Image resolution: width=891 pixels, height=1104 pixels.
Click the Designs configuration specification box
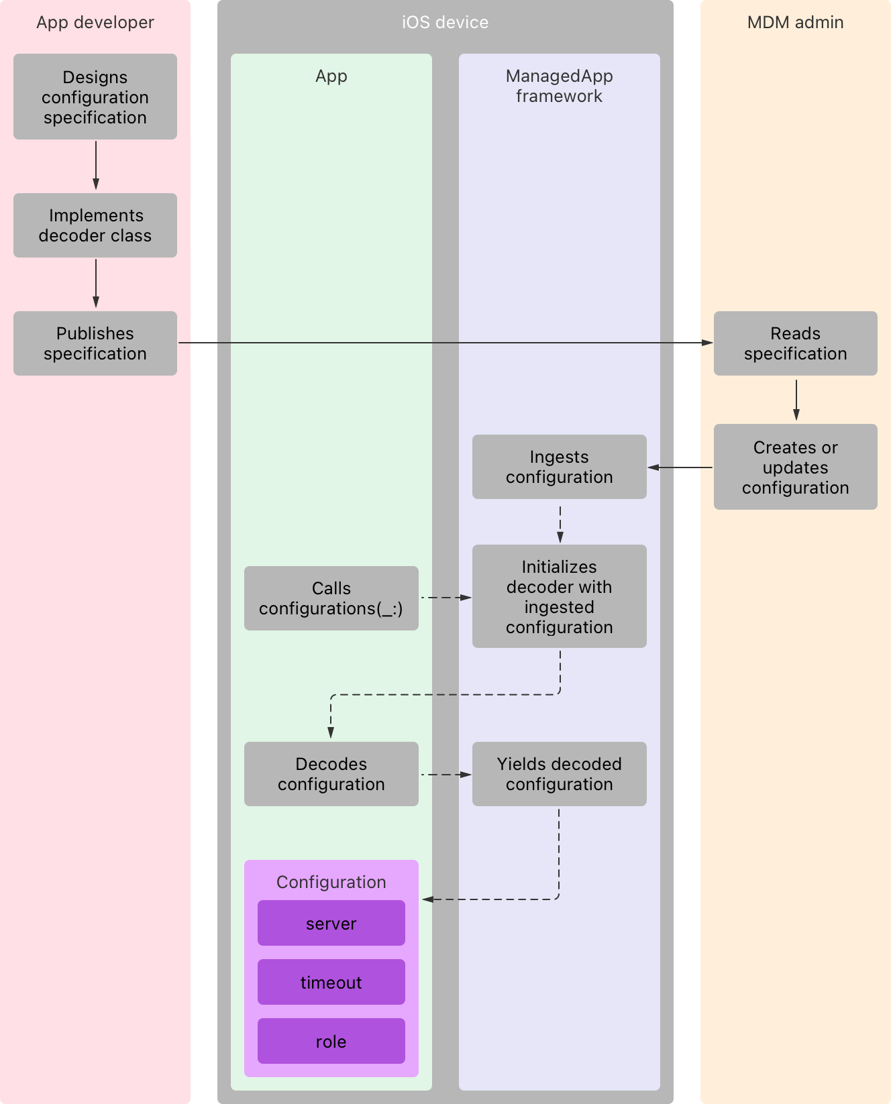coord(95,97)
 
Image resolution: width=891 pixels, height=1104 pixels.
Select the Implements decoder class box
coord(95,225)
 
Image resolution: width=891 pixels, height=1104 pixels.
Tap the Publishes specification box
coord(95,343)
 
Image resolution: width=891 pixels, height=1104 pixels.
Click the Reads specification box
coord(795,343)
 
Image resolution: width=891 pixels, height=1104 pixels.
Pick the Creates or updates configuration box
coord(795,467)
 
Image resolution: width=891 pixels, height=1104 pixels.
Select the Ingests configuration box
coord(559,467)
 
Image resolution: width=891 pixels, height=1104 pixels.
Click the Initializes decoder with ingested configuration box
coord(559,596)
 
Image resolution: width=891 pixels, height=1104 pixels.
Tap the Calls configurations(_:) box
coord(331,598)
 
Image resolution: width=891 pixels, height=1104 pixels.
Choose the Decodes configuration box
coord(331,774)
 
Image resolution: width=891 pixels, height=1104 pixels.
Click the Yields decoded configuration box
coord(559,774)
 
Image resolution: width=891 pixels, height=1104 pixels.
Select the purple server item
coord(331,924)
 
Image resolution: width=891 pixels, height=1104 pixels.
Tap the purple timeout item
coord(331,983)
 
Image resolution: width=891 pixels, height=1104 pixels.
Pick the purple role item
coord(331,1042)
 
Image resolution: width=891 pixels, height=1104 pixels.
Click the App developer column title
coord(95,22)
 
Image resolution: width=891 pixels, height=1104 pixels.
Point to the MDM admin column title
coord(795,22)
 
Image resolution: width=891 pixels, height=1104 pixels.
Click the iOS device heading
coord(445,22)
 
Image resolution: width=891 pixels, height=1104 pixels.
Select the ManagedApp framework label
coord(559,86)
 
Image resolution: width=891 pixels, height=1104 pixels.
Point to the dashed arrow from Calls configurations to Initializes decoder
coord(445,597)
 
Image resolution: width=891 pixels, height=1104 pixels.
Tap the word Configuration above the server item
coord(331,882)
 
